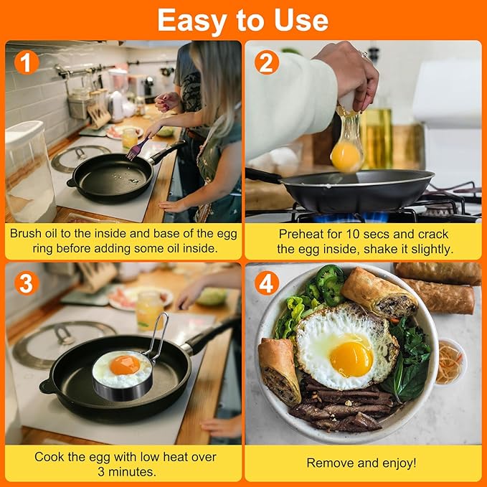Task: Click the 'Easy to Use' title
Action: [243, 20]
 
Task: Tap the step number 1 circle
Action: [27, 63]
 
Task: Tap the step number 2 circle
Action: [266, 63]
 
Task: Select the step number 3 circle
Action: [27, 283]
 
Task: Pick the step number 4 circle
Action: [266, 283]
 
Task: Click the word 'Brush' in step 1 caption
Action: [26, 234]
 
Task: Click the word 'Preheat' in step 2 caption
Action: [299, 234]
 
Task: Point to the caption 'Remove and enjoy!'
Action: [362, 463]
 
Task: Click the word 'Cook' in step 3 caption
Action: [50, 456]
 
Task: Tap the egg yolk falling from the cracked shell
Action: [346, 156]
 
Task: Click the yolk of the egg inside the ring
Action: [124, 364]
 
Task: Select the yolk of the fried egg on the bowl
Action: [351, 358]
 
